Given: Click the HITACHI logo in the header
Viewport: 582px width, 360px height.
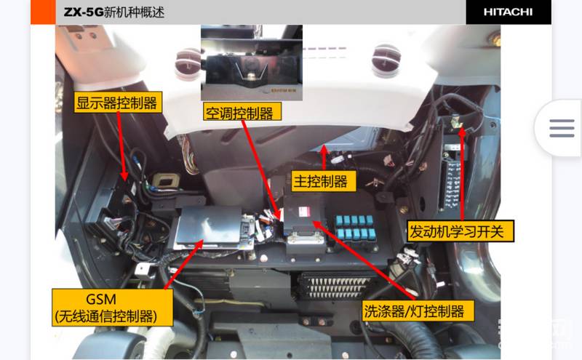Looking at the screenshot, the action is [x=508, y=12].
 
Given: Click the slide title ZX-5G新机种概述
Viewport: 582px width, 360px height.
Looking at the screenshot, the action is [x=114, y=12].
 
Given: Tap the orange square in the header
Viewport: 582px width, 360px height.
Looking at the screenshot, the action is [x=43, y=12].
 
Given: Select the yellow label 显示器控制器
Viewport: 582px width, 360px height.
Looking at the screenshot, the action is [x=118, y=103].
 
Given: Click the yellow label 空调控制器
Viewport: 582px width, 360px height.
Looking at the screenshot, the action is [x=242, y=112].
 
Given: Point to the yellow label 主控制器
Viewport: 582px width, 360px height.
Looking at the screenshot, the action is [x=323, y=181].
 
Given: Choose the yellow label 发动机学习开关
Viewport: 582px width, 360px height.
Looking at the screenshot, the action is [x=461, y=231].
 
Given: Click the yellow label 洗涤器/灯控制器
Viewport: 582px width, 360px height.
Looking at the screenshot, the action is [x=418, y=311].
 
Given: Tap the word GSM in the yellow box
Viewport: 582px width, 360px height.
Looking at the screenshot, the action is [x=100, y=299].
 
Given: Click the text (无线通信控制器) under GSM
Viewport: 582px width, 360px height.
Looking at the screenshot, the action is [x=105, y=316].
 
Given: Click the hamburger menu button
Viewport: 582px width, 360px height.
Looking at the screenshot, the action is [x=562, y=128].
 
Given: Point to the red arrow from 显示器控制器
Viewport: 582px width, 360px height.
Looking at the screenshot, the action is [x=121, y=146].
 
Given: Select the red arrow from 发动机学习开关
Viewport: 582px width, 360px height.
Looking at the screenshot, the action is [x=462, y=174].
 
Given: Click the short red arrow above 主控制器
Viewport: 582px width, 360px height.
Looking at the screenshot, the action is [x=324, y=158].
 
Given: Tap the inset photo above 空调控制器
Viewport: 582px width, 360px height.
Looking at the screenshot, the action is [x=252, y=63].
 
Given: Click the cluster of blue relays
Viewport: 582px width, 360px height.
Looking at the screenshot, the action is [x=355, y=227].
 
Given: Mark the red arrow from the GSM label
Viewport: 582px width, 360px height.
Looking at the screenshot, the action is [x=183, y=265].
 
